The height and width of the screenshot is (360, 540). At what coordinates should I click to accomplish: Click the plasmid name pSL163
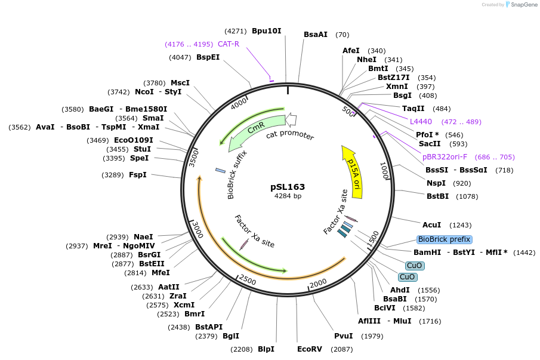click(x=288, y=187)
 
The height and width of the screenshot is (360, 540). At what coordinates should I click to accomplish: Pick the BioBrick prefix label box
click(x=444, y=239)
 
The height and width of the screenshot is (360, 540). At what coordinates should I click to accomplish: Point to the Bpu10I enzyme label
click(x=266, y=30)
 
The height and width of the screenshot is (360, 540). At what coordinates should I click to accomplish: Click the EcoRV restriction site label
click(x=310, y=349)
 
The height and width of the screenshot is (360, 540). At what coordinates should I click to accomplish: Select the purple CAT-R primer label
click(x=229, y=44)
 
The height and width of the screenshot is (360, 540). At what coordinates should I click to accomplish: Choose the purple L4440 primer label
click(x=421, y=122)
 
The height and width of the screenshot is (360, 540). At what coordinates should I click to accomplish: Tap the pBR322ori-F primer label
click(x=445, y=157)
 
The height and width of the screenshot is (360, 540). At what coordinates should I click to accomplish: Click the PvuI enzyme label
click(x=343, y=336)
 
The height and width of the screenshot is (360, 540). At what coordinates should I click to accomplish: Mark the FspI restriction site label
click(x=138, y=175)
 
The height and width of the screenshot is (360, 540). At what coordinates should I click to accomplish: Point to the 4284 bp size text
click(x=288, y=196)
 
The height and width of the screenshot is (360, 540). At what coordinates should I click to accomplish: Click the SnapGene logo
click(x=521, y=5)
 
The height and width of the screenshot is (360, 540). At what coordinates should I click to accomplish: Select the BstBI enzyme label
click(x=437, y=196)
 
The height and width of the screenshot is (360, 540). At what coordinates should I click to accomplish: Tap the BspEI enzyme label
click(x=208, y=57)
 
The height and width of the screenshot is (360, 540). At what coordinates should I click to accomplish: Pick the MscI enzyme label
click(x=180, y=83)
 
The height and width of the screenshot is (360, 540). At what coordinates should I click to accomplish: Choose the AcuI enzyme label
click(x=431, y=225)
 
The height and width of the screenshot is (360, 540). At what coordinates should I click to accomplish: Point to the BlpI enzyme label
click(x=266, y=349)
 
